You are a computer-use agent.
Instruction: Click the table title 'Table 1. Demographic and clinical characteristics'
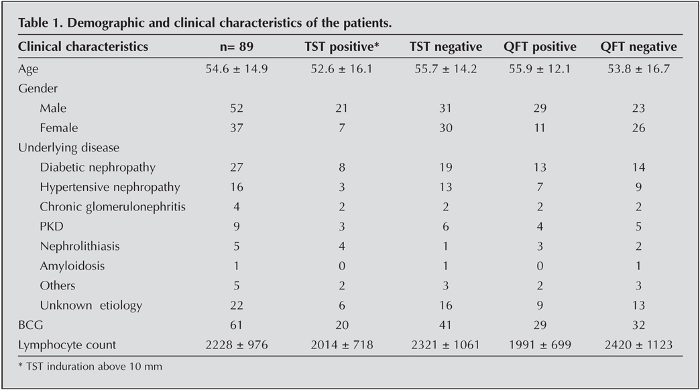pyautogui.click(x=205, y=23)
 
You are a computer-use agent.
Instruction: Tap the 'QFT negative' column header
pyautogui.click(x=638, y=47)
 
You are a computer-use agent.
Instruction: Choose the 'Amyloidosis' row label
pyautogui.click(x=72, y=266)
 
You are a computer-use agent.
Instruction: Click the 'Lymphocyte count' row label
pyautogui.click(x=67, y=345)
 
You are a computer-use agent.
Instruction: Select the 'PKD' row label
pyautogui.click(x=52, y=226)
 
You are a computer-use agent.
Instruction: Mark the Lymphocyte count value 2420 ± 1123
pyautogui.click(x=638, y=345)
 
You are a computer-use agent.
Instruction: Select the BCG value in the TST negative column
pyautogui.click(x=445, y=326)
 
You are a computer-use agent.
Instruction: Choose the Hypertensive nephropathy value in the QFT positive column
pyautogui.click(x=540, y=187)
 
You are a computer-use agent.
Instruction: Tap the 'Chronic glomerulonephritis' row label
pyautogui.click(x=112, y=207)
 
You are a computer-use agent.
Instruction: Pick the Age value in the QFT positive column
pyautogui.click(x=540, y=69)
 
